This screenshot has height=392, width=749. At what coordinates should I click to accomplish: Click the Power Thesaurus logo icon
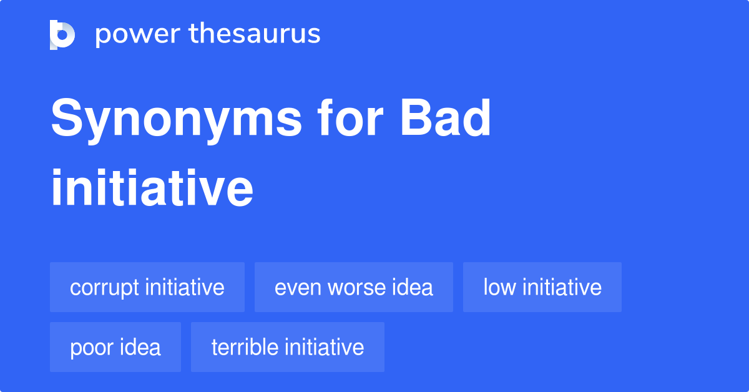point(62,34)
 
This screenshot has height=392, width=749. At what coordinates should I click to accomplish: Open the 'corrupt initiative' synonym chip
point(147,287)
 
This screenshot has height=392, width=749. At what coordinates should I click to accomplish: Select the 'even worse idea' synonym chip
point(353,287)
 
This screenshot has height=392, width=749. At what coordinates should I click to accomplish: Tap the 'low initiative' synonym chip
point(542,287)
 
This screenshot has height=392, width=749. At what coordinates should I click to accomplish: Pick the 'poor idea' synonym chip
point(115,347)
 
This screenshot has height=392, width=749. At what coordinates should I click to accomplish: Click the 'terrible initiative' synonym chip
point(287,347)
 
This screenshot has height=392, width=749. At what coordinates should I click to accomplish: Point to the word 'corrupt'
point(105,288)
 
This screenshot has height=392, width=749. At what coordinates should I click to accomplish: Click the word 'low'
point(499,287)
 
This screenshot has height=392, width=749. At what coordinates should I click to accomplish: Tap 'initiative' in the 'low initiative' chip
point(562,287)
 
